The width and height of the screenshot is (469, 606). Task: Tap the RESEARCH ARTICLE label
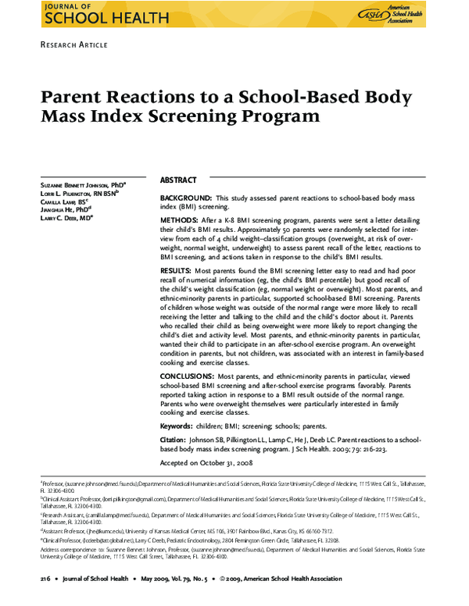coord(73,45)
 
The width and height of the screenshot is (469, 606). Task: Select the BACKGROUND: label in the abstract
coord(185,199)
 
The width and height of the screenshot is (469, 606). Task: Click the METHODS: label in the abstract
coord(178,222)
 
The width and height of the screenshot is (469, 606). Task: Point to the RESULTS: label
coord(176,269)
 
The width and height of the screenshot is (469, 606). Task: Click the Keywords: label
coord(176,427)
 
